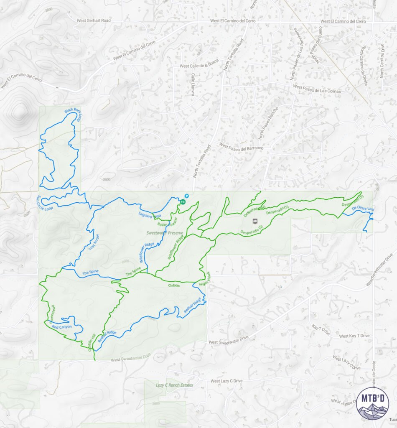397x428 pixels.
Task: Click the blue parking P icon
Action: tap(187, 196)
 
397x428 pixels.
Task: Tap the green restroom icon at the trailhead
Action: tap(183, 201)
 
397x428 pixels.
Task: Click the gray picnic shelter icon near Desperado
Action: tap(254, 222)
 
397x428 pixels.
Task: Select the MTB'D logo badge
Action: tap(373, 404)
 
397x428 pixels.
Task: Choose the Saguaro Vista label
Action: tap(150, 216)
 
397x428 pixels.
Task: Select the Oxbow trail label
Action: tap(174, 285)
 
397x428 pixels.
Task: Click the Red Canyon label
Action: tap(62, 326)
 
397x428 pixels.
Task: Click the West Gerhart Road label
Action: tap(94, 20)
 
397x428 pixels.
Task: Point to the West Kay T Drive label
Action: tap(354, 336)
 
